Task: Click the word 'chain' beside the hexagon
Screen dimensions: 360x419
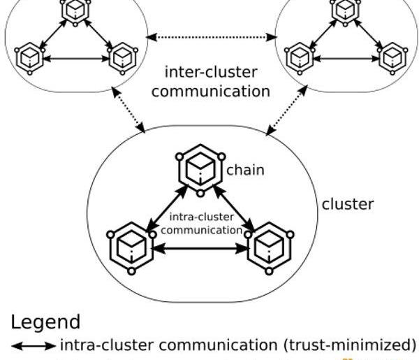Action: pyautogui.click(x=245, y=170)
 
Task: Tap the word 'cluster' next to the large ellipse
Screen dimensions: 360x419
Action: pyautogui.click(x=347, y=205)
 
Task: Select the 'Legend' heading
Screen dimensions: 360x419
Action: pyautogui.click(x=45, y=322)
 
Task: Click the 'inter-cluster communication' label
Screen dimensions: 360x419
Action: pyautogui.click(x=210, y=82)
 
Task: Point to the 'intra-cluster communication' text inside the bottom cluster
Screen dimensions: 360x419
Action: pyautogui.click(x=200, y=223)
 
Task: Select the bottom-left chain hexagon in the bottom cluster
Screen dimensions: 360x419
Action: pyautogui.click(x=131, y=245)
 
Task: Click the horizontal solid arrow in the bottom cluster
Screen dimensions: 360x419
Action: pyautogui.click(x=201, y=247)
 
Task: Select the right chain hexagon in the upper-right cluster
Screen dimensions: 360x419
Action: pyautogui.click(x=392, y=55)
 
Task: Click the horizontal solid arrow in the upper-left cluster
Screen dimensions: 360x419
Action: pyautogui.click(x=75, y=59)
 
